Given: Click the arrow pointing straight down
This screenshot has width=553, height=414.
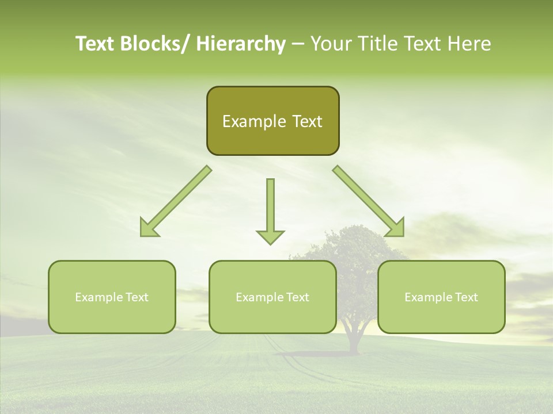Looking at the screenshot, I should [270, 210].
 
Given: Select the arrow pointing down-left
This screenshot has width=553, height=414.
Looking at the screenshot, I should [176, 201].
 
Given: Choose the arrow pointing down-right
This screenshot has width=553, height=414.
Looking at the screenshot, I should [369, 201].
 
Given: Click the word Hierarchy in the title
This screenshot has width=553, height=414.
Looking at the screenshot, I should [241, 44].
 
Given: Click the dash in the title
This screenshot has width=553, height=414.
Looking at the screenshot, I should [298, 44].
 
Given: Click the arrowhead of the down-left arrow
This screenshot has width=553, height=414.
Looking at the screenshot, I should [148, 228].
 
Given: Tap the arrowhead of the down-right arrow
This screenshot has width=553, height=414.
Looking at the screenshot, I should [396, 228].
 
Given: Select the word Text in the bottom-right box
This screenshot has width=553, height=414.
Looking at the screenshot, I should [465, 297].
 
